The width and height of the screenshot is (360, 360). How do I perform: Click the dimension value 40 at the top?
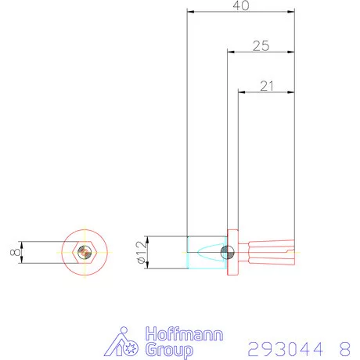coord(241,5)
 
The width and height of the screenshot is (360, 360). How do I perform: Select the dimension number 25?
coord(261,46)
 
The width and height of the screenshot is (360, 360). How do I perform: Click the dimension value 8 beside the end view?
coord(14,252)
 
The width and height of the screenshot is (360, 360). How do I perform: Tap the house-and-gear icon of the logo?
coord(124,343)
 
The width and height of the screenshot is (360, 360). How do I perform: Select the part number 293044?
coord(286,347)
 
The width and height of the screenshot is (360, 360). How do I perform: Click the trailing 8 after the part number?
coord(344,347)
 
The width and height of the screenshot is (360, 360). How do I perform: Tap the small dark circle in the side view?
coord(226,252)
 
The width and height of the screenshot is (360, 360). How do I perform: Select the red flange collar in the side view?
coord(233,253)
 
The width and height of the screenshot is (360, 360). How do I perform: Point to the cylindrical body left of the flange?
coord(205,252)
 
